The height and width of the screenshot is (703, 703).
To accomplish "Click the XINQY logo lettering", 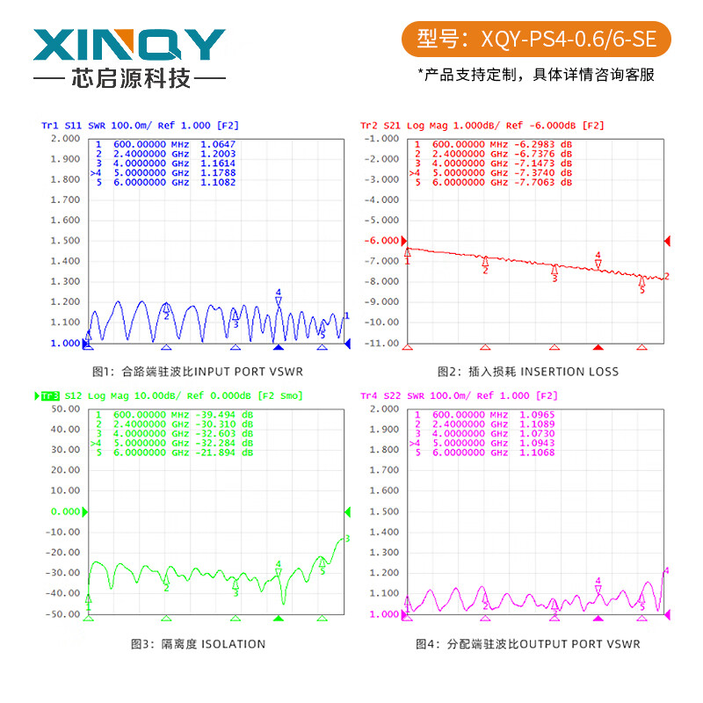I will [129, 45].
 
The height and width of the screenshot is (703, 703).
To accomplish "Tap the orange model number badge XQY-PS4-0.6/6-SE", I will [535, 39].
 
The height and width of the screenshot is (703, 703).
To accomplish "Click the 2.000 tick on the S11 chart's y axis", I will [64, 139].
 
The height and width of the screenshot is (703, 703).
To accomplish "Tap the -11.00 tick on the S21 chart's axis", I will [380, 343].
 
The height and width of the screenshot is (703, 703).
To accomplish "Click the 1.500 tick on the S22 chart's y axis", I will [380, 511].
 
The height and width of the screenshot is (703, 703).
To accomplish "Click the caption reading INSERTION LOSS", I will [569, 372].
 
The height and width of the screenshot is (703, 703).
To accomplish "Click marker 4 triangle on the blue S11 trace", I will [279, 301].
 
